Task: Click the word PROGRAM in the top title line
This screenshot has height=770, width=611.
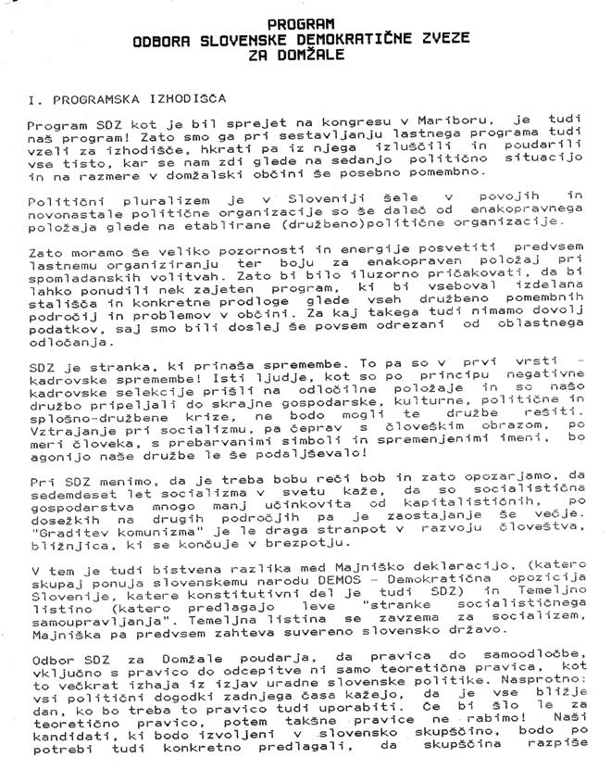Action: [x=302, y=22]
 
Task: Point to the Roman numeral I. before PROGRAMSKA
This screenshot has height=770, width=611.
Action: [x=34, y=97]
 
